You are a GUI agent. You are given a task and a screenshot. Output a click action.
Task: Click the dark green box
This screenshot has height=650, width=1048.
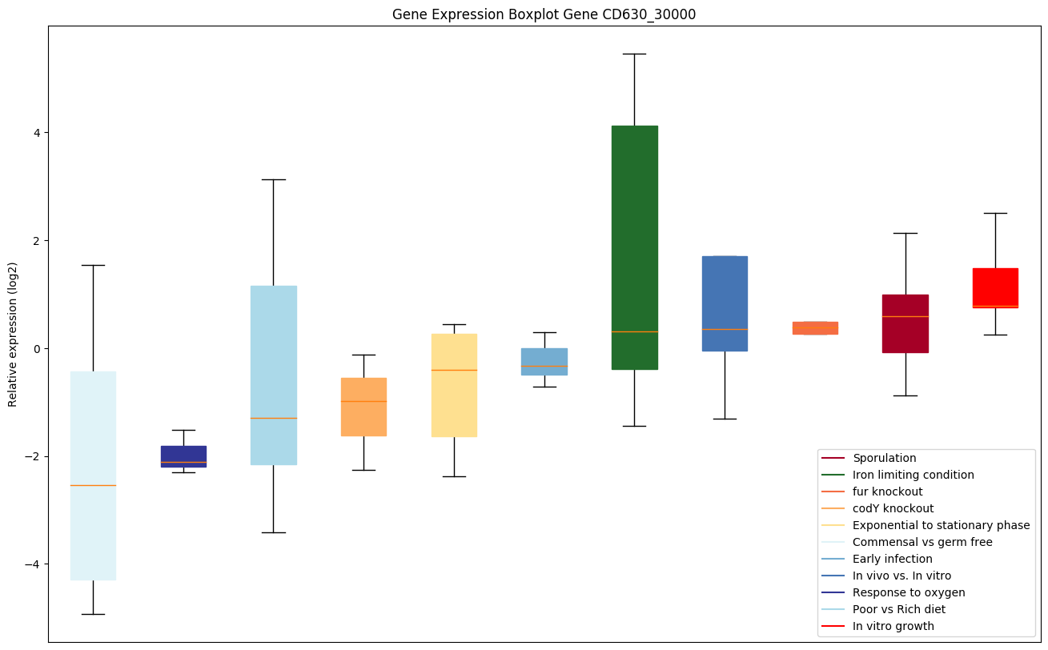click(x=634, y=240)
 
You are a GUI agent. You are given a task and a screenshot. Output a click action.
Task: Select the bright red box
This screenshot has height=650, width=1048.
click(x=995, y=287)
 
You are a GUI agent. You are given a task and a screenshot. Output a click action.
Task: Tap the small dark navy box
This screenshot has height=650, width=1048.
click(x=183, y=456)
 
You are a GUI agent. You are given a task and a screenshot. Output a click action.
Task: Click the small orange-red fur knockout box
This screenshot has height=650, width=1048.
click(x=815, y=327)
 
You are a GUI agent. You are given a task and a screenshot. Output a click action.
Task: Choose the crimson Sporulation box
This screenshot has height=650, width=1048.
click(x=905, y=323)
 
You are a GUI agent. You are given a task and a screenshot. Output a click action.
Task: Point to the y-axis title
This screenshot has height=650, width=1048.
click(x=13, y=334)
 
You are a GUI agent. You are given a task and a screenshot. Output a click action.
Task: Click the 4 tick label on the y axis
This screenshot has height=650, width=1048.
click(x=37, y=132)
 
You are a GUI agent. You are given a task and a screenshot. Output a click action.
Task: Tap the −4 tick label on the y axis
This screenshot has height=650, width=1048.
click(x=34, y=564)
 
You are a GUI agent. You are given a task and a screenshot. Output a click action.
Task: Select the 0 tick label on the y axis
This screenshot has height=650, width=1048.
click(x=37, y=348)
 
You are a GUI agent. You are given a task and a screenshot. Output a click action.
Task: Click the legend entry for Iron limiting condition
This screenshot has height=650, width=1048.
click(x=913, y=475)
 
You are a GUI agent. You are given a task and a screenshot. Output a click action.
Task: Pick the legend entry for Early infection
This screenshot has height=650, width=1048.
click(x=892, y=559)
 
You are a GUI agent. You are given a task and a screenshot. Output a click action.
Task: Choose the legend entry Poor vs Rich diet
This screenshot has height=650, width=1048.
click(x=898, y=609)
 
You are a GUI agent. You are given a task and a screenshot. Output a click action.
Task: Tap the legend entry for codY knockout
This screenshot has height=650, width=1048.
click(x=893, y=508)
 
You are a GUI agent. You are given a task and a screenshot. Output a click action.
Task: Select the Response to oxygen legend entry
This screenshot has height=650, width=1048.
click(x=908, y=592)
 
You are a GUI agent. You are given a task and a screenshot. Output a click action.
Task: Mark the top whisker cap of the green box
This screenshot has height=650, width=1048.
click(x=634, y=54)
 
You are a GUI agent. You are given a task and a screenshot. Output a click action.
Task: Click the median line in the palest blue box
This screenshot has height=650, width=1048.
click(x=93, y=485)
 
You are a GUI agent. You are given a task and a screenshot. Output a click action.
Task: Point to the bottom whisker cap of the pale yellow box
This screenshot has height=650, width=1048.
click(x=454, y=476)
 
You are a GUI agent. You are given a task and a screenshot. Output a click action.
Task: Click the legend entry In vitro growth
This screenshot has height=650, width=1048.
click(x=893, y=626)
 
